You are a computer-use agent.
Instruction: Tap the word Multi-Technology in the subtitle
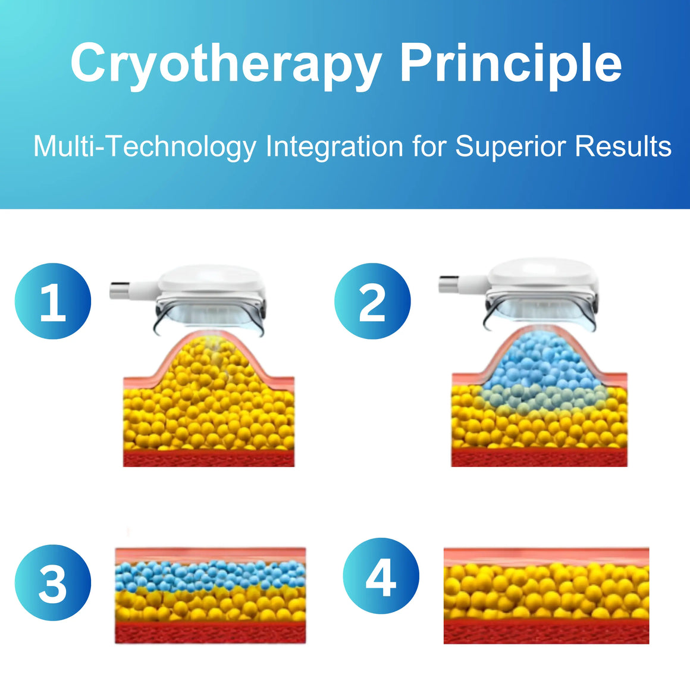pos(145,147)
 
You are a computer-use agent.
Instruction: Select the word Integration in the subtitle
pos(334,146)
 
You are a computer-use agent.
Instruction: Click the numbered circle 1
pos(53,301)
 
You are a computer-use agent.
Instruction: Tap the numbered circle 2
pos(372,301)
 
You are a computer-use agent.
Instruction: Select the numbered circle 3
pos(53,582)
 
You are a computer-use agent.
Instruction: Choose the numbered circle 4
pos(381,576)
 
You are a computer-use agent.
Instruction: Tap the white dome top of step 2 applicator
pos(543,272)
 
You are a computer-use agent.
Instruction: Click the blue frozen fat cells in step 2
pos(544,374)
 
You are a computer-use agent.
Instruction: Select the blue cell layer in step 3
pos(211,576)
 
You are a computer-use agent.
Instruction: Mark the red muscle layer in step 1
pos(209,458)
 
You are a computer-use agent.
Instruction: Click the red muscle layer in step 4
pos(546,632)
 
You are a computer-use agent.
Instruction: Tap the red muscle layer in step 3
pos(211,633)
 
